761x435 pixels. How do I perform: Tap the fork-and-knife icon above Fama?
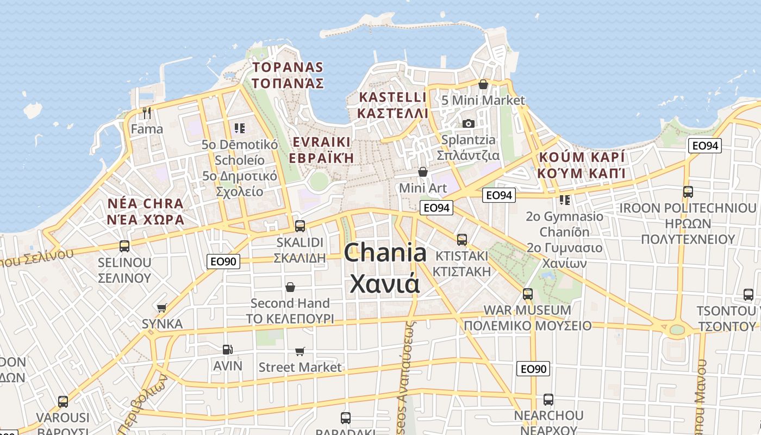coord(146,113)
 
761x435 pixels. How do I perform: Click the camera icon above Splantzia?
coord(469,124)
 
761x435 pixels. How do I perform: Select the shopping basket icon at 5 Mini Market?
coord(483,84)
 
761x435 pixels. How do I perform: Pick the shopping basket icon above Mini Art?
coord(423,172)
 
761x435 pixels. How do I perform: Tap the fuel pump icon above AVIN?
coord(228,349)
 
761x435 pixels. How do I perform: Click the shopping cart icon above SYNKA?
coord(161,308)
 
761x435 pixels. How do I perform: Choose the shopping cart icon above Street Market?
coord(300,351)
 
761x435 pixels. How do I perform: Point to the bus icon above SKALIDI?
coord(300,226)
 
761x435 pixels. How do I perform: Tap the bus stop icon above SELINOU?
coord(124,246)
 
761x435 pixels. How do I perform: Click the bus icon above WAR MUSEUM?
coord(527,294)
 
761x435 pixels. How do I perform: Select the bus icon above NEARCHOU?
coord(548,399)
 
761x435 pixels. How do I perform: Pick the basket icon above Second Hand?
coord(290,287)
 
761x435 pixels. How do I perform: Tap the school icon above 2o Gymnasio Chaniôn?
coord(565,200)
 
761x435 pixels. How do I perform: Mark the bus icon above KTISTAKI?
coord(462,239)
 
